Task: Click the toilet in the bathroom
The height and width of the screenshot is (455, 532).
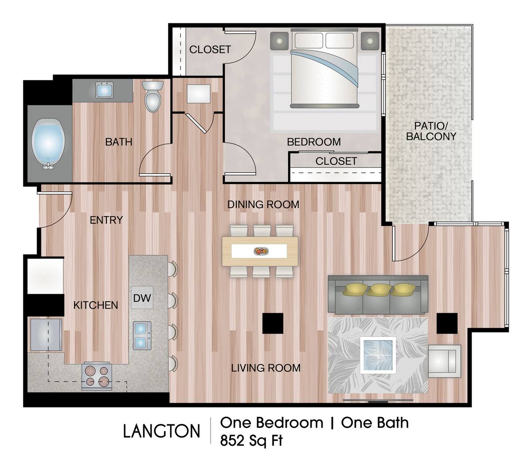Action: pyautogui.click(x=153, y=96)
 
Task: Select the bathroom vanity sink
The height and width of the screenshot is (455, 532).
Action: pyautogui.click(x=105, y=90)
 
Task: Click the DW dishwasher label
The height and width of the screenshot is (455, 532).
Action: pyautogui.click(x=142, y=298)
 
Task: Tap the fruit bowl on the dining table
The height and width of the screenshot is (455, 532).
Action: pyautogui.click(x=261, y=251)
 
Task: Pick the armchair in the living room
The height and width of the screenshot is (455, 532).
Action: pyautogui.click(x=444, y=361)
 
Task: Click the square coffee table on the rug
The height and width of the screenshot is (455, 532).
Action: pyautogui.click(x=378, y=354)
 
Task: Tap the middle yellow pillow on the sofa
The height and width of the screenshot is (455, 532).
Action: pyautogui.click(x=378, y=289)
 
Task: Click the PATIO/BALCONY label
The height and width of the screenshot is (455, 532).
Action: pyautogui.click(x=431, y=131)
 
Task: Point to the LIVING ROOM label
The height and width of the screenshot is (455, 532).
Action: pyautogui.click(x=266, y=368)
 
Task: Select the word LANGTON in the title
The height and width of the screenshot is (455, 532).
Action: pyautogui.click(x=161, y=431)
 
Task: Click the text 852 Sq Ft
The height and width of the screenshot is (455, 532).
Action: pyautogui.click(x=251, y=440)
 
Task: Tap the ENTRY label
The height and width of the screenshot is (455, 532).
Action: pyautogui.click(x=106, y=220)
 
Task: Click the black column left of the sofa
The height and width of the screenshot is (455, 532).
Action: pyautogui.click(x=273, y=323)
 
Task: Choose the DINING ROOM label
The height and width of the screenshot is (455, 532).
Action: pyautogui.click(x=263, y=205)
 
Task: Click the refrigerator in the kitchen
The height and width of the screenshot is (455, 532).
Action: pyautogui.click(x=45, y=276)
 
